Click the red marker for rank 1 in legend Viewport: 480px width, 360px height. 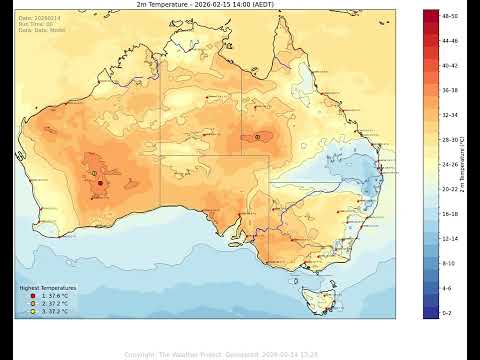click(x=32, y=296)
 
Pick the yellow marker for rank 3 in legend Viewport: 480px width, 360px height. click(x=32, y=311)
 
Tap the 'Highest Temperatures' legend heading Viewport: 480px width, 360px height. click(x=48, y=288)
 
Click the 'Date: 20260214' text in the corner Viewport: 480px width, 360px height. click(x=39, y=17)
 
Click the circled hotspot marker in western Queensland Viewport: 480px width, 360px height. click(x=258, y=136)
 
